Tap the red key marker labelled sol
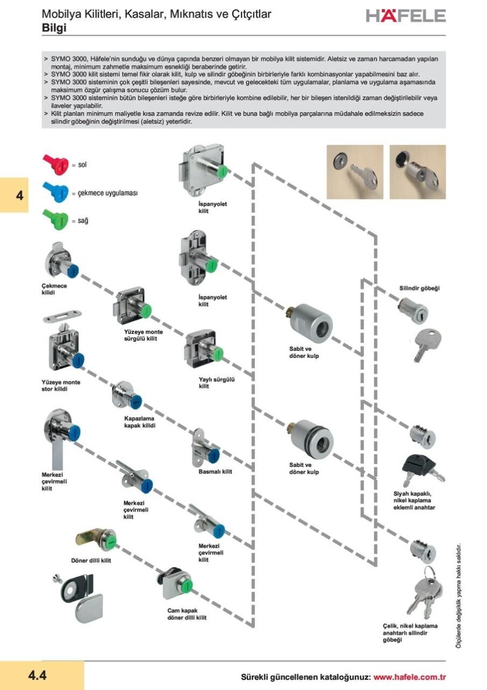[x=55, y=162]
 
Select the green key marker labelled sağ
[x=55, y=220]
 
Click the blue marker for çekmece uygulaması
[x=55, y=191]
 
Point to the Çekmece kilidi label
[x=54, y=289]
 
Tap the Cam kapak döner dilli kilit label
[x=187, y=614]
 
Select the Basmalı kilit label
[x=215, y=472]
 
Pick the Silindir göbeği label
[x=419, y=288]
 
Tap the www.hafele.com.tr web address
[x=409, y=677]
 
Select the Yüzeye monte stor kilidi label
[x=61, y=385]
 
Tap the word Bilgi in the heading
[x=54, y=28]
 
